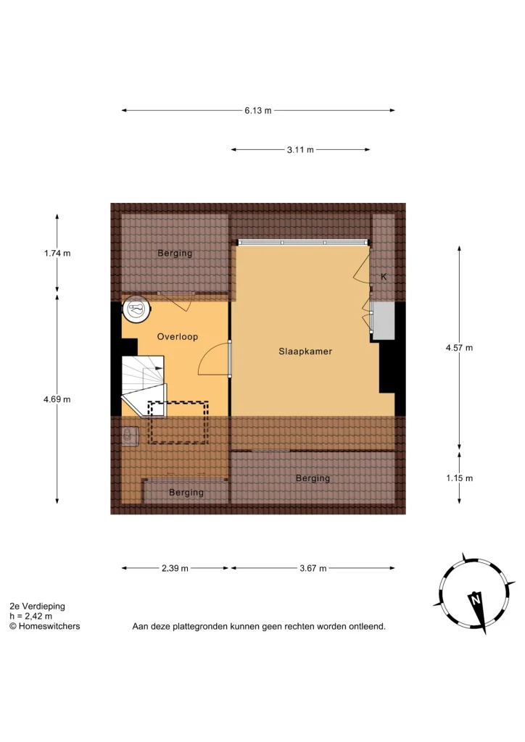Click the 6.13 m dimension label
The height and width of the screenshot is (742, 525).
[258, 111]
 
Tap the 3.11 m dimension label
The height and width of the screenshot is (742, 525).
[300, 150]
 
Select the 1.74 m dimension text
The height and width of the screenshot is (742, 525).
[57, 253]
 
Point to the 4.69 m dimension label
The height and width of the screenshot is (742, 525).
[57, 399]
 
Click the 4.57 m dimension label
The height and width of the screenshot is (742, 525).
[459, 348]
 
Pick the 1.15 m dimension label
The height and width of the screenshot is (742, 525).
[459, 478]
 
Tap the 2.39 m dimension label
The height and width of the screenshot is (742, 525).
[175, 568]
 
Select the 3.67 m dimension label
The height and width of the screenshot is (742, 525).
[313, 568]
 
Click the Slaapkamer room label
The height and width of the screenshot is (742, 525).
[305, 351]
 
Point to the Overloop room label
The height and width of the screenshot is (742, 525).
[178, 336]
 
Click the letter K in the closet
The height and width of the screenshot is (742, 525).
[384, 276]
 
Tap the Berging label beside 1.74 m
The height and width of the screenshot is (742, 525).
[175, 253]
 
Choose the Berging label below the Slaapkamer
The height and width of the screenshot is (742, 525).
[313, 478]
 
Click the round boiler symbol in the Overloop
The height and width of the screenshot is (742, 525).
[136, 309]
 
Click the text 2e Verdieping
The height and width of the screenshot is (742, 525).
[38, 606]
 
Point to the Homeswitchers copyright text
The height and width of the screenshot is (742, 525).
[45, 626]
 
